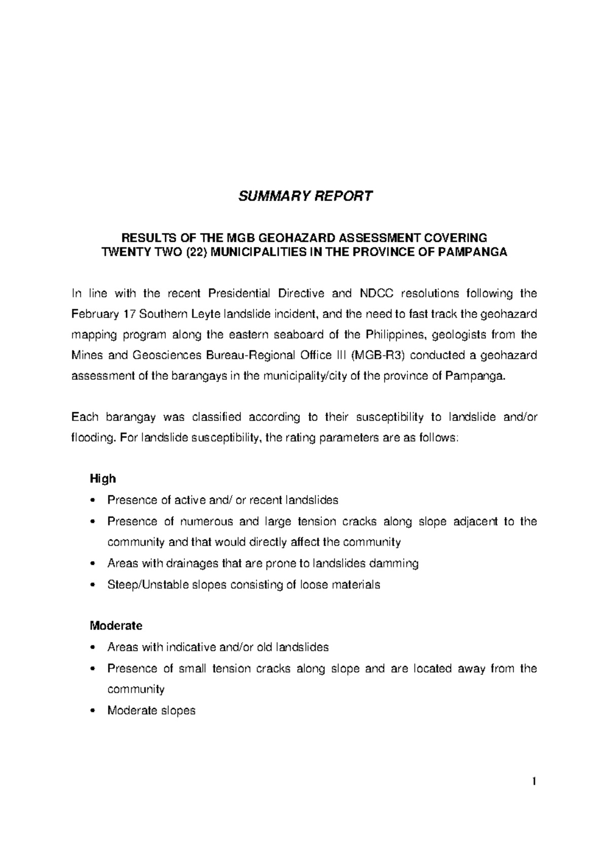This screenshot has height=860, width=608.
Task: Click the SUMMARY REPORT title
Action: coord(306,196)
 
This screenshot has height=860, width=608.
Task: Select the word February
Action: coord(94,314)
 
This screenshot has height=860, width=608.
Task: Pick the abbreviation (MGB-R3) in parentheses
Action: coord(378,356)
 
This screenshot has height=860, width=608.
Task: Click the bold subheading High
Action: coord(103,479)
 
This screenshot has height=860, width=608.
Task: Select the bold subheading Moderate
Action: coord(116,626)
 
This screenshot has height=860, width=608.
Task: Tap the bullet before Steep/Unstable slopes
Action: coord(92,585)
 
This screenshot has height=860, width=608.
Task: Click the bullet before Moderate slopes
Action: coord(92,711)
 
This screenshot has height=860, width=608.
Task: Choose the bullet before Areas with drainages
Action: coord(92,564)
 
